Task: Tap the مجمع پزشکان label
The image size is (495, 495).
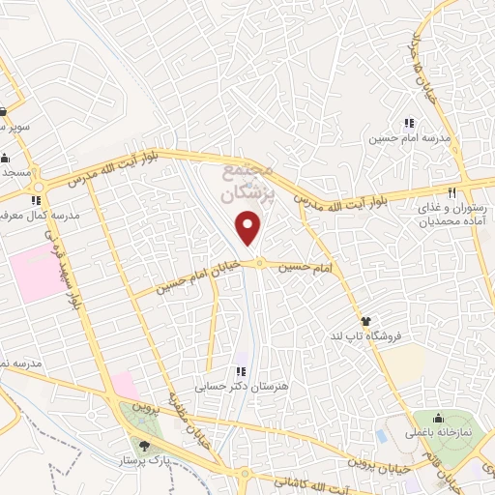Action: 248,181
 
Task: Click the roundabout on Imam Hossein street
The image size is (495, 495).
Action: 259,263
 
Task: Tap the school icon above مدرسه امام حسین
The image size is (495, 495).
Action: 409,123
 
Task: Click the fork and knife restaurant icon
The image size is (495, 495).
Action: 451,191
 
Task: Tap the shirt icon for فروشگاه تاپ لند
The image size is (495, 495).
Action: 365,320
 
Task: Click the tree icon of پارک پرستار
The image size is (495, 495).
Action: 145,446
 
